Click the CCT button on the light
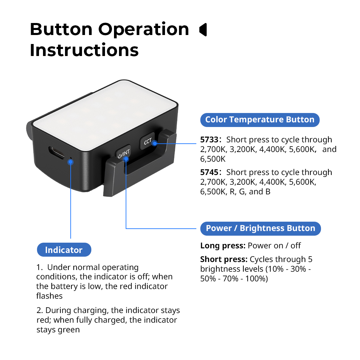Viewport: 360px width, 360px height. (147, 141)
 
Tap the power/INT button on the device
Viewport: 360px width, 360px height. (123, 153)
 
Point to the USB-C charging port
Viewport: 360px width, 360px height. (56, 153)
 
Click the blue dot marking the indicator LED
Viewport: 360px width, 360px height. (70, 162)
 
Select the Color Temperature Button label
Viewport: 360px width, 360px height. (260, 120)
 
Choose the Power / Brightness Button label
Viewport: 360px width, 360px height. (260, 228)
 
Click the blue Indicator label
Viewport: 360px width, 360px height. (64, 250)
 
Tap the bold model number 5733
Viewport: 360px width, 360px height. (209, 140)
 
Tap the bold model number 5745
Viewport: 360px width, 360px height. (209, 172)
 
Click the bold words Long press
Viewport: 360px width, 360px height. (223, 246)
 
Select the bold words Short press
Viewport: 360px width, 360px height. (224, 259)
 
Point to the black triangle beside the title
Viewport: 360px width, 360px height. (203, 30)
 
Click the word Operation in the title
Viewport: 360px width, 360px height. (143, 30)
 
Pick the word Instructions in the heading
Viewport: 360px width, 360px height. (84, 50)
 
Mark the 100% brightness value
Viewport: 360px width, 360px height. (256, 279)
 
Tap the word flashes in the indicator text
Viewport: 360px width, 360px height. (49, 296)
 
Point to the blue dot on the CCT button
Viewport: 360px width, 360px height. (155, 143)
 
